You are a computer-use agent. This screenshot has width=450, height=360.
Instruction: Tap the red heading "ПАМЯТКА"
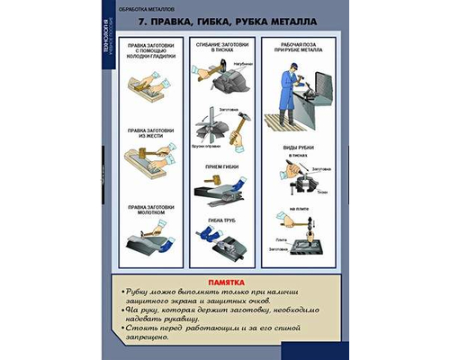click(224, 281)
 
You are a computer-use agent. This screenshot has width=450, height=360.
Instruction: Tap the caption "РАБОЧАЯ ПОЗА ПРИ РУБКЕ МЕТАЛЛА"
click(299, 49)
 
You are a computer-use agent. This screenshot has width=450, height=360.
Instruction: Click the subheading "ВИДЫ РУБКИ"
click(299, 147)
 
